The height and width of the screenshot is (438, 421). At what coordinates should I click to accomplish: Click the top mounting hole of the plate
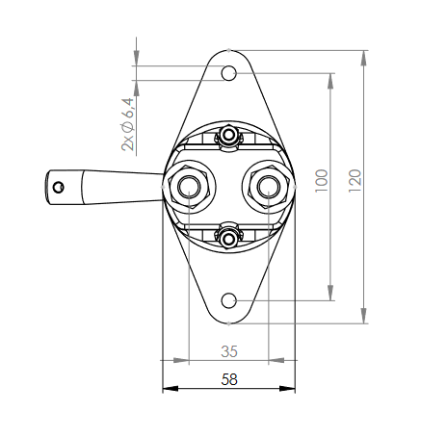point(229,73)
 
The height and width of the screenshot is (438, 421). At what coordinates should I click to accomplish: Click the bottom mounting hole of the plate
point(229,300)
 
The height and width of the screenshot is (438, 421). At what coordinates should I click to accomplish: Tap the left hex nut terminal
point(186,186)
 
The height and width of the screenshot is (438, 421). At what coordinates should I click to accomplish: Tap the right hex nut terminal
point(269,186)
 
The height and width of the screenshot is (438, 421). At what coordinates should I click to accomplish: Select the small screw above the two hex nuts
point(228,139)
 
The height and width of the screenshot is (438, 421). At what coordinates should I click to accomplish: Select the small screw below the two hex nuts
point(228,234)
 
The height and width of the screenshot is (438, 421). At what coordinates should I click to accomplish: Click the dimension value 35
point(229,350)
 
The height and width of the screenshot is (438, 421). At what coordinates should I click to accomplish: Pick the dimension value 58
point(229,379)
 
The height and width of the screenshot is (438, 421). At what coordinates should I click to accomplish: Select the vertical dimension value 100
point(322,178)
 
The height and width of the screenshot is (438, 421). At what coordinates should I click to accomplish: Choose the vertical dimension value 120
point(355,178)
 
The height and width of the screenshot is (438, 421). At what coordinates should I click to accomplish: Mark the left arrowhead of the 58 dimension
point(168,389)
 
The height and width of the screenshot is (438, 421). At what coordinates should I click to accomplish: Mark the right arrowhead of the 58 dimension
point(290,389)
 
